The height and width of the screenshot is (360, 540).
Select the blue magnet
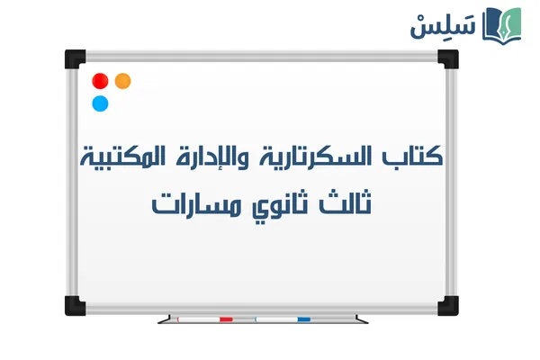point(100,103)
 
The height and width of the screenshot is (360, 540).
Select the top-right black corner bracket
point(446,59)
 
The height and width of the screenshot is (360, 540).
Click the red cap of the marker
point(225,319)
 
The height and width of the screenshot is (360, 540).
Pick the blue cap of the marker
point(303,319)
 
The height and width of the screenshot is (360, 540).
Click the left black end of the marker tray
point(162,319)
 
